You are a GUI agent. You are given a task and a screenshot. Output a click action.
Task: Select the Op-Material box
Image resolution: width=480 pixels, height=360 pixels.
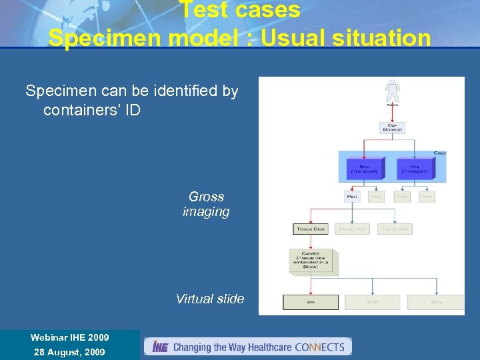point(392,126)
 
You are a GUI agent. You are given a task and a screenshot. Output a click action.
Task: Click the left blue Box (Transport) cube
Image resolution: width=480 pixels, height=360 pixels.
point(364,168)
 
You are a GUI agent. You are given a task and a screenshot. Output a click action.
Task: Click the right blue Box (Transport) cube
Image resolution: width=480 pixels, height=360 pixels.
point(414,168)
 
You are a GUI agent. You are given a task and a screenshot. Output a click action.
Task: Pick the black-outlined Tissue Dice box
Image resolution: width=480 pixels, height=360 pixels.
point(311,229)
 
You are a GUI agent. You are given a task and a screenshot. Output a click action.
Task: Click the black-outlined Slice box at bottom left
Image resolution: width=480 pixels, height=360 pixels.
point(311,302)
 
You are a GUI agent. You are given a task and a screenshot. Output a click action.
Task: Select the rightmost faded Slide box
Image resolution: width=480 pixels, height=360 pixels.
point(436,302)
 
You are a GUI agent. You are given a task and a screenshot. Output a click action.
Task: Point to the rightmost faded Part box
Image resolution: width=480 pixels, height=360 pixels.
point(427,197)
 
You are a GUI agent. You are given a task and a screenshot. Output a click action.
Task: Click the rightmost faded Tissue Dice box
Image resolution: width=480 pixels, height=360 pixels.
point(394,229)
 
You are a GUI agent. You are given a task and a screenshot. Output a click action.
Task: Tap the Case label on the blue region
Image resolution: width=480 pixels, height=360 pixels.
point(440,153)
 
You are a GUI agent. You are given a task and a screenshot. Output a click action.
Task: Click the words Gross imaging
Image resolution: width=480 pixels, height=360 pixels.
point(206,205)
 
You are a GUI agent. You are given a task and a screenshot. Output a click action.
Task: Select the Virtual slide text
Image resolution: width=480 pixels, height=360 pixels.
point(210,299)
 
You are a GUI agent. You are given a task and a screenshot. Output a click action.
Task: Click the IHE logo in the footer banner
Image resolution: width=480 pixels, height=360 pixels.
point(159,347)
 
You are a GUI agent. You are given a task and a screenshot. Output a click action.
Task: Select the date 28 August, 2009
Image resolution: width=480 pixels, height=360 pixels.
point(69,351)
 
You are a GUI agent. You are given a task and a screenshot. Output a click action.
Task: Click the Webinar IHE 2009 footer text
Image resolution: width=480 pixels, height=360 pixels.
point(69,337)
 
